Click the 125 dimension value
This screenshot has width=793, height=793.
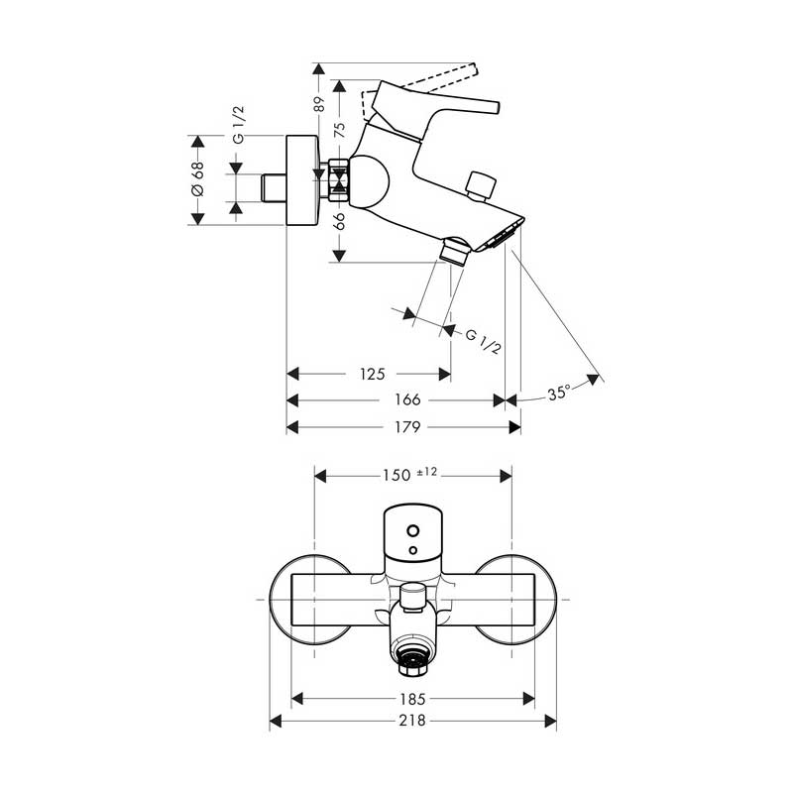click(x=373, y=375)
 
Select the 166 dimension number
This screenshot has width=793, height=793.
click(x=407, y=400)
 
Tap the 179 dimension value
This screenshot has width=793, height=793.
click(x=407, y=427)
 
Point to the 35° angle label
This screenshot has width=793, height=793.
click(x=559, y=393)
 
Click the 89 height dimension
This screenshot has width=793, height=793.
click(x=318, y=104)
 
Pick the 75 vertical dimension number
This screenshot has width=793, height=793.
click(x=340, y=130)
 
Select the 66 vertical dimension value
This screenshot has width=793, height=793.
click(x=340, y=221)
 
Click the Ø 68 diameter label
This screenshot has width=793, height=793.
click(x=197, y=178)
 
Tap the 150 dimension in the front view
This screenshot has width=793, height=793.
click(x=396, y=476)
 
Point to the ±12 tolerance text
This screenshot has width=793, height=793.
click(x=427, y=472)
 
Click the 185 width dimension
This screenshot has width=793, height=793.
click(x=412, y=699)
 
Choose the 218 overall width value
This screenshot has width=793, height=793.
click(x=412, y=721)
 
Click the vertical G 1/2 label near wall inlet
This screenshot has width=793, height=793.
click(x=238, y=125)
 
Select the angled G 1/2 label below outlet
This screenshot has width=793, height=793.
click(x=483, y=341)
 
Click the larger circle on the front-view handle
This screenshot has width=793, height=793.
click(x=413, y=531)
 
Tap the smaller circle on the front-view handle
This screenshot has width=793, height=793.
click(x=413, y=550)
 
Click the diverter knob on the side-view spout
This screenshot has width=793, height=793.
click(x=480, y=186)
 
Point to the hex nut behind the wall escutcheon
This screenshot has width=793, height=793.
click(x=338, y=180)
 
